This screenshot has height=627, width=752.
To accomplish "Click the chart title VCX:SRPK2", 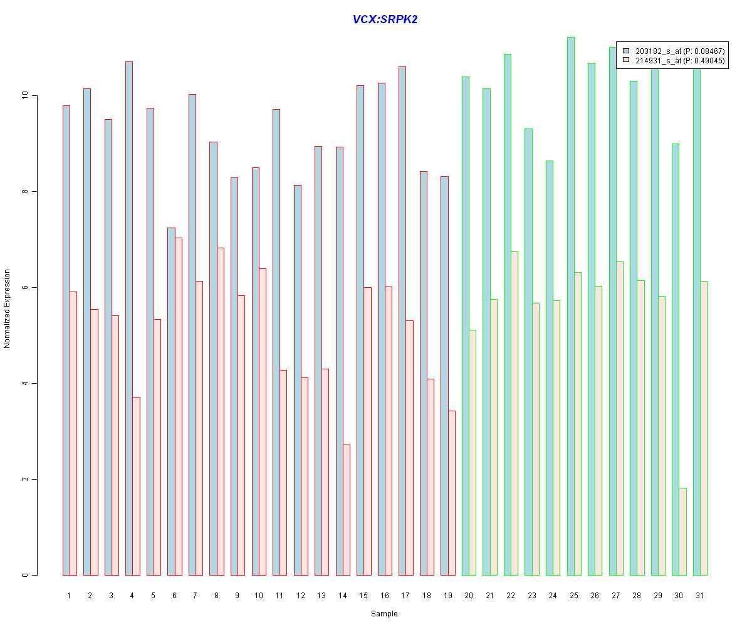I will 385,19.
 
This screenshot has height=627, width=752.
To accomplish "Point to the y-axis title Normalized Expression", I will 8,308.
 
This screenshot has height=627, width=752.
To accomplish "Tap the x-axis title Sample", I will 384,614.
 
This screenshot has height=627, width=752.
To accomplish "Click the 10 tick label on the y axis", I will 25,96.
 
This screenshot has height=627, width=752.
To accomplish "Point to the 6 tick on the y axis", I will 25,288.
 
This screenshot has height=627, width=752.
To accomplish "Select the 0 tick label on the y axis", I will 25,575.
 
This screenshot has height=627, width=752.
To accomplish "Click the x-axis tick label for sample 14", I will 342,595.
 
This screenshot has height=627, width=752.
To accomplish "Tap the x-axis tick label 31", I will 699,595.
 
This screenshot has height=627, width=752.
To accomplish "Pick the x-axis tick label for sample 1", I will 69,595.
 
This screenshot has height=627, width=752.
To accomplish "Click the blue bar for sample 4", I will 129,313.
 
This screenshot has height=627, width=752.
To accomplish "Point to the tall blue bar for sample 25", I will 570,307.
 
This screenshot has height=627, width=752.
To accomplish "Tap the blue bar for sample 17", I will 402,320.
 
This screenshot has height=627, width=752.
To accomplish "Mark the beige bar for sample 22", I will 514,413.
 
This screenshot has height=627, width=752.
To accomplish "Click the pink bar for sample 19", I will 452,493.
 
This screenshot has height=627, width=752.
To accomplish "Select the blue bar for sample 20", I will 466,326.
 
